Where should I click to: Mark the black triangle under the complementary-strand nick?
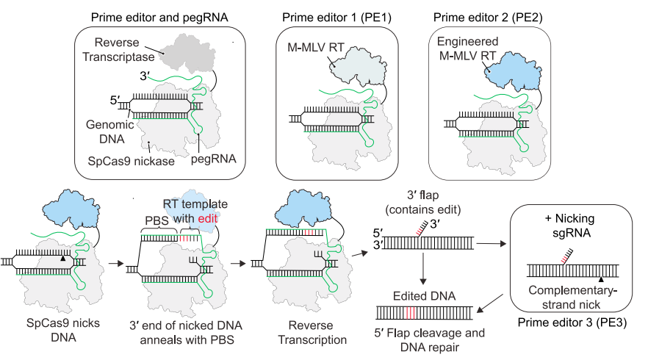602,280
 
